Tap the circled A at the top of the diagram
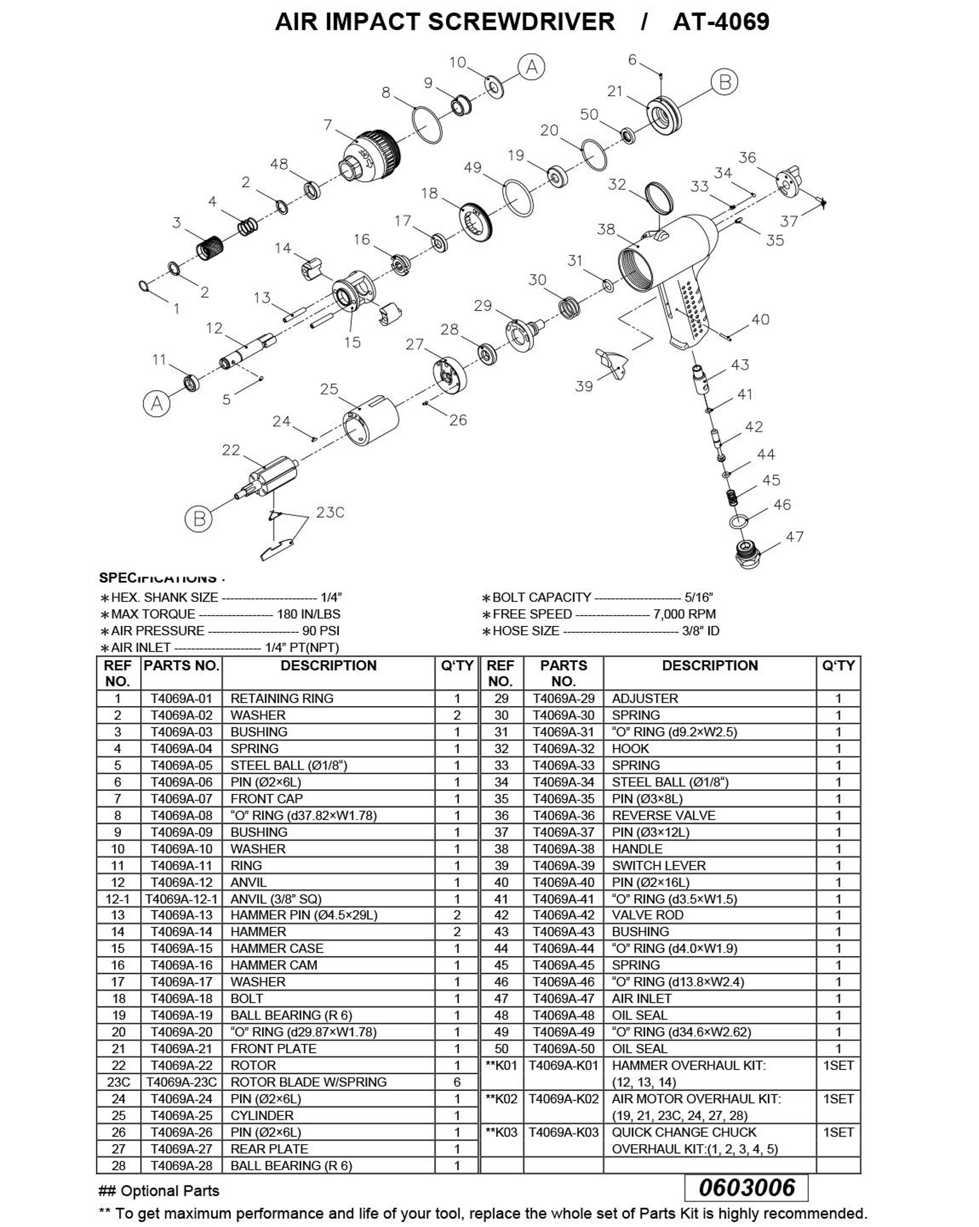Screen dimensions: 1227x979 531,67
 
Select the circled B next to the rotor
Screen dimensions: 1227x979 199,519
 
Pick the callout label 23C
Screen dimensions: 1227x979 330,512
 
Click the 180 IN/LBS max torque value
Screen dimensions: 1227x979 308,614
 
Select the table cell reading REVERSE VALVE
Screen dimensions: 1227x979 663,815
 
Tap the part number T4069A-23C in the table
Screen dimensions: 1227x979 181,1081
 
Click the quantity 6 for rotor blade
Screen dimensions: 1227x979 457,1081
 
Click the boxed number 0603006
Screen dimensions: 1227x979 746,1187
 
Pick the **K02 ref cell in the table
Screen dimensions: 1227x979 501,1099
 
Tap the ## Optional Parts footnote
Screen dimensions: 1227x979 159,1191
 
